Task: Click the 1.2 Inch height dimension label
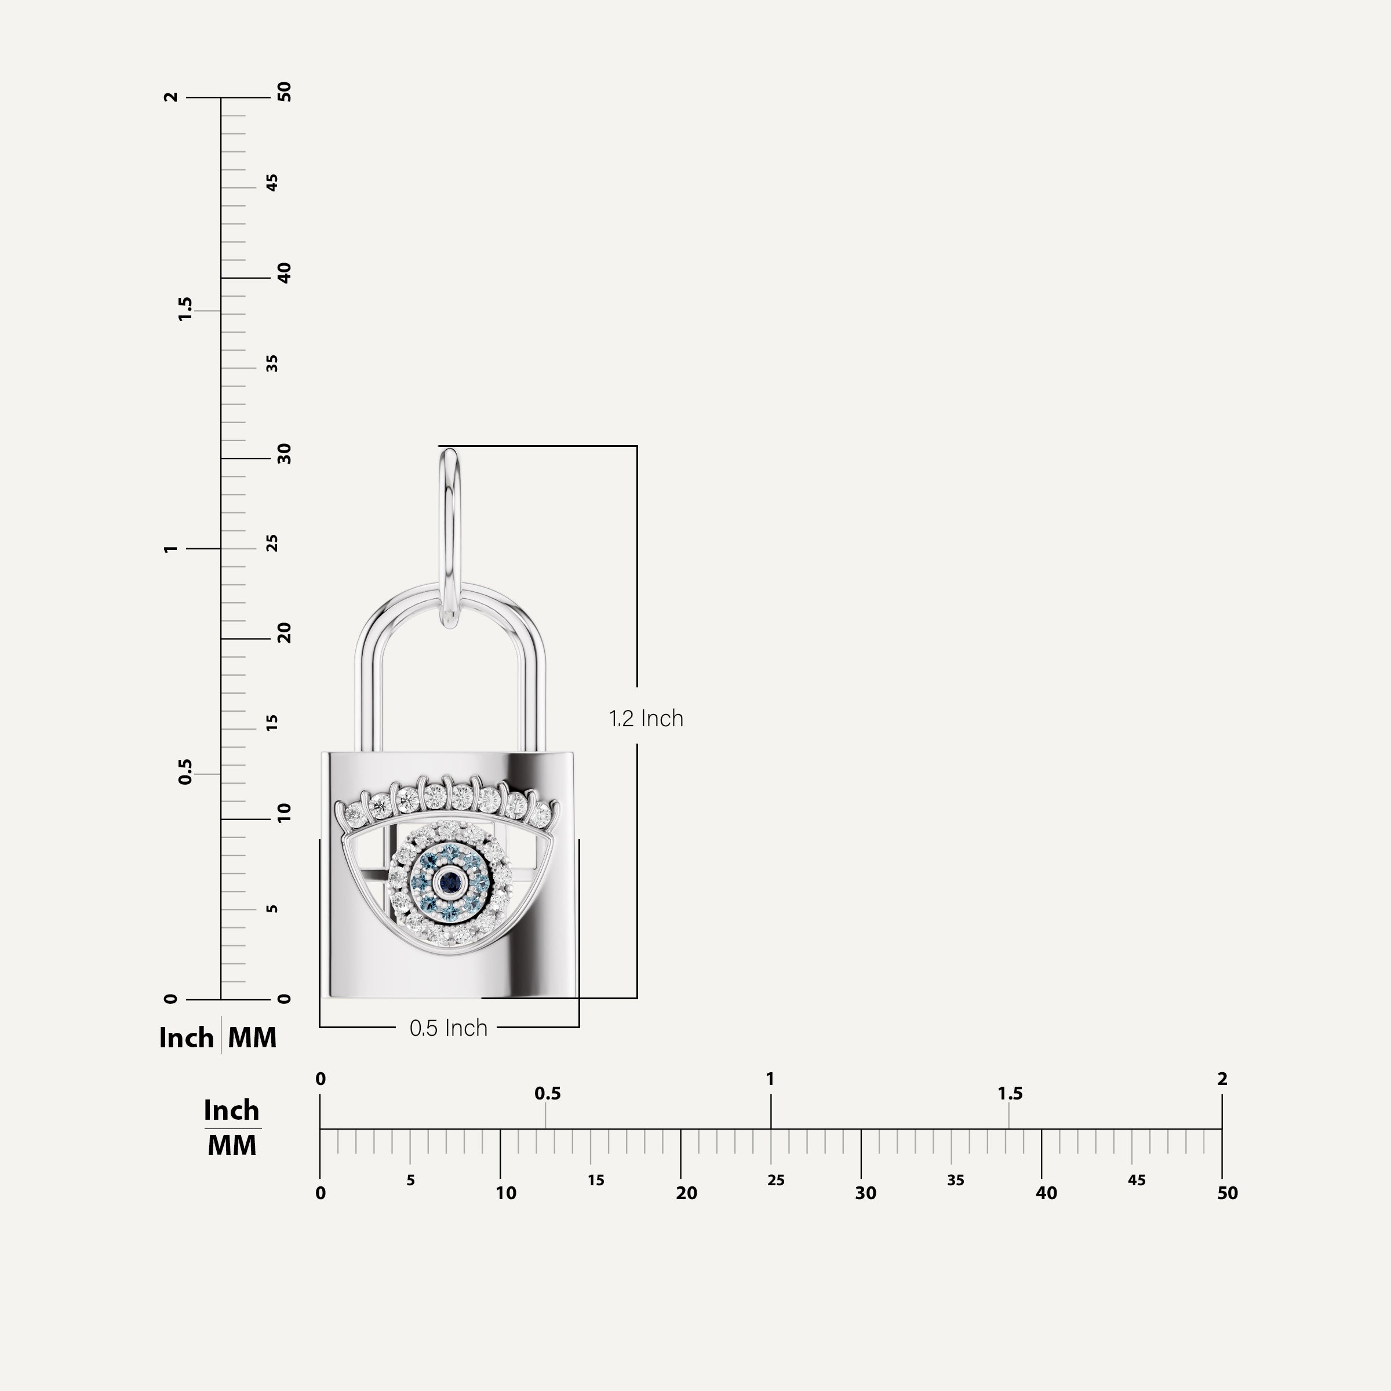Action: [x=646, y=719]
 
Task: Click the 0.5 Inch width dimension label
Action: [x=448, y=1028]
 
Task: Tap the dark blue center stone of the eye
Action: [x=450, y=879]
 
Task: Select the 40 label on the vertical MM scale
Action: [x=285, y=273]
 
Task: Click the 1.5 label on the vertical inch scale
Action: [x=185, y=309]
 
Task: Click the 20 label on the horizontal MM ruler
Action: [x=686, y=1193]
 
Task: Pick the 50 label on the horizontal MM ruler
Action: [x=1227, y=1193]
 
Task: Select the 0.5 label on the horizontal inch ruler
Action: [x=547, y=1094]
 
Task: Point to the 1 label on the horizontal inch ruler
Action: [x=770, y=1079]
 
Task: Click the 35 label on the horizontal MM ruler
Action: [x=955, y=1180]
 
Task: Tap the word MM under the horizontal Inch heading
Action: [x=232, y=1145]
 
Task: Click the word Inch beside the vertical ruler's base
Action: [x=185, y=1037]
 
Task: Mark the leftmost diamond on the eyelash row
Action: [x=355, y=814]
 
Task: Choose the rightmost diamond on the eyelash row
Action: [x=541, y=814]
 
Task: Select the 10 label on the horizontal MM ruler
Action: [x=505, y=1193]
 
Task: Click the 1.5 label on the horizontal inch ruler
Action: [x=1010, y=1094]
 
